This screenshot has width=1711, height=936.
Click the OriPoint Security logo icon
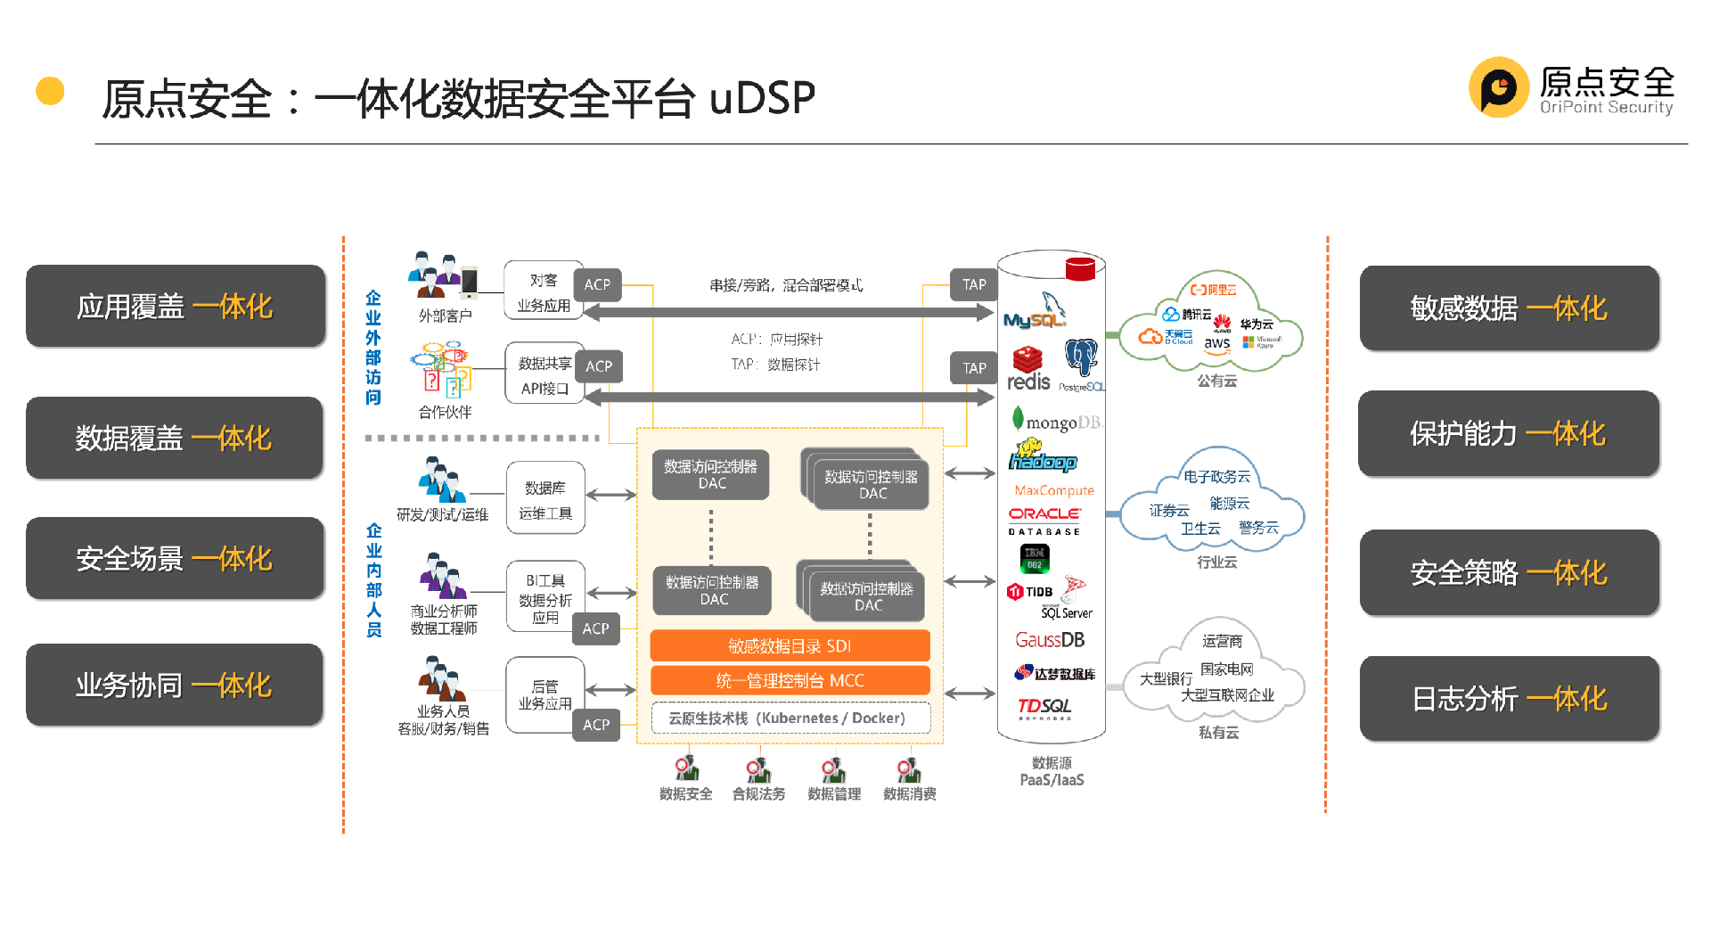pos(1498,87)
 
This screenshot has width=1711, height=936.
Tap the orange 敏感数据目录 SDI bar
pos(790,645)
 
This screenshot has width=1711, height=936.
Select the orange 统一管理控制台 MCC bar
pos(790,680)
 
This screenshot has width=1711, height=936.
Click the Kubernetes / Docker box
pos(790,718)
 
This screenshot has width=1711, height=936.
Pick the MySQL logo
pos(1035,312)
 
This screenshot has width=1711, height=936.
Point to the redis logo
pos(1028,370)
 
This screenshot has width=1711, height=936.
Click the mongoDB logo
pos(1056,421)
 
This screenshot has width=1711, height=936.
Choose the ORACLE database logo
pos(1044,520)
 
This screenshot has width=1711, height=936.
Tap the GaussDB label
pos(1050,640)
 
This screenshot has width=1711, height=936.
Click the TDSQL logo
pos(1044,708)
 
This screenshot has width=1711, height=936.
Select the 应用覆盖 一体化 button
pos(176,306)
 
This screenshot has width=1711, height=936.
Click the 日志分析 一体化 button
pos(1509,698)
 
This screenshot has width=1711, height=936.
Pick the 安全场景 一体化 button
pos(175,558)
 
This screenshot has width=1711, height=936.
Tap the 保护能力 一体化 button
pos(1508,433)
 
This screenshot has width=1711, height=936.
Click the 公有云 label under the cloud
pos(1216,381)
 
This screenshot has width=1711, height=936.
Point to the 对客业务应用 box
pos(544,292)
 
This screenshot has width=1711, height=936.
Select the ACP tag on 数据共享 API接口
pos(599,366)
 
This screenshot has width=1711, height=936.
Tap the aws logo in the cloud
pos(1216,344)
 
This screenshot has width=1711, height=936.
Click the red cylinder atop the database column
pos(1080,268)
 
